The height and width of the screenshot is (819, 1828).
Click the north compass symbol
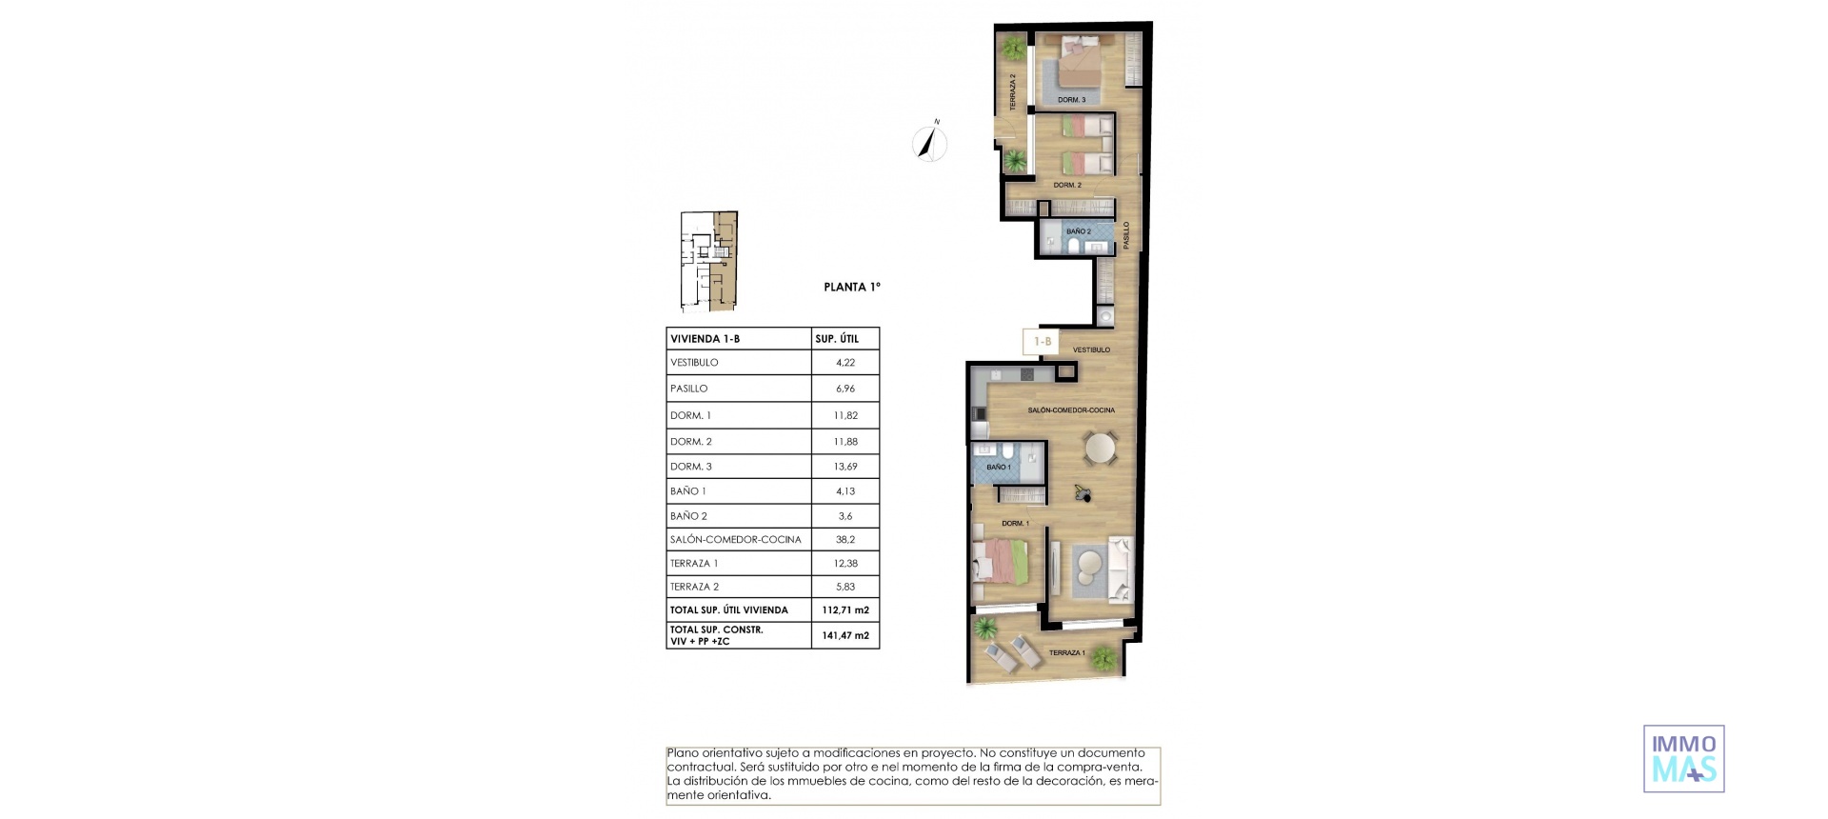point(930,143)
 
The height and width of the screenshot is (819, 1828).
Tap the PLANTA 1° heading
point(851,287)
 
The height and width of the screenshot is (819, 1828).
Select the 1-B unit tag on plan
point(1043,341)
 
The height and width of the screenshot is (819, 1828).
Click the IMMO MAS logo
point(1683,759)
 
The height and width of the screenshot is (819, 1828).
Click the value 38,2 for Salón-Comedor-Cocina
point(844,539)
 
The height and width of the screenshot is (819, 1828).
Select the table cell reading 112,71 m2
point(844,610)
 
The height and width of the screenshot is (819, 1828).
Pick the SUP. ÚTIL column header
point(837,339)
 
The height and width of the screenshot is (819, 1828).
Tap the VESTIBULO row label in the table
point(694,363)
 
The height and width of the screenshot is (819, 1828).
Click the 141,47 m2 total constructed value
point(844,635)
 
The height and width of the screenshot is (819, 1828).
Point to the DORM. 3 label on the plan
point(1071,100)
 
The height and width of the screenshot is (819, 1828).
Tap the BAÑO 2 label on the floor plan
point(1078,231)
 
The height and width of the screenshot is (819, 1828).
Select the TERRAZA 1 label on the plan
point(1065,653)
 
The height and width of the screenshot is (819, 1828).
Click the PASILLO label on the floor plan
point(1126,235)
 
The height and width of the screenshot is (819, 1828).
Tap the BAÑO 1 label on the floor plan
point(998,468)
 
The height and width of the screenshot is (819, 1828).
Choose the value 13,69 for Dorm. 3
point(844,467)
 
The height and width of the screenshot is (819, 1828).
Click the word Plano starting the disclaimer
point(685,753)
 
